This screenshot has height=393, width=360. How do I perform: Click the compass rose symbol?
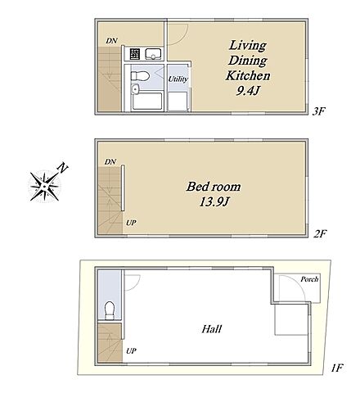[x=44, y=187]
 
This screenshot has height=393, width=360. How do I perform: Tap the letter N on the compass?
[x=63, y=168]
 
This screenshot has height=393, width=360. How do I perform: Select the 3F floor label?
[x=319, y=111]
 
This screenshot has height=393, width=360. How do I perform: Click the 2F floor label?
[x=320, y=234]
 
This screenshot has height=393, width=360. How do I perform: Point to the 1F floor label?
[x=336, y=368]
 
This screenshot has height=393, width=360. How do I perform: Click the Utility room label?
[x=178, y=79]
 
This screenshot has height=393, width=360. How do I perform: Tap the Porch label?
[x=309, y=279]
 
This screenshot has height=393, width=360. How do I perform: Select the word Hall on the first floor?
[x=212, y=329]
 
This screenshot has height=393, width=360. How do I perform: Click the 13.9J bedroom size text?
[x=214, y=202]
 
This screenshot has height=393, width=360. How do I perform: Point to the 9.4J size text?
[x=247, y=91]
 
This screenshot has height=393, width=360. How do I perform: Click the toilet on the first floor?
[x=110, y=310]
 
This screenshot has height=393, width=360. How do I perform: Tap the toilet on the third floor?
[x=140, y=75]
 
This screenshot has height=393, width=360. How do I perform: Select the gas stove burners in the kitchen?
[x=135, y=54]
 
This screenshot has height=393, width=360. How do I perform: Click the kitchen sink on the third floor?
[x=154, y=54]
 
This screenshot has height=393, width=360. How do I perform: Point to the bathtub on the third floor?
[x=147, y=102]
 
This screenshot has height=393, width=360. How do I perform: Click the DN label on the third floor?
[x=111, y=41]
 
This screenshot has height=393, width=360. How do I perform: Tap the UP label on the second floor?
[x=131, y=223]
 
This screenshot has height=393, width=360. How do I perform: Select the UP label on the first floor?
[x=131, y=351]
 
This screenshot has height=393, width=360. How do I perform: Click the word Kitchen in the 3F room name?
[x=248, y=75]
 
